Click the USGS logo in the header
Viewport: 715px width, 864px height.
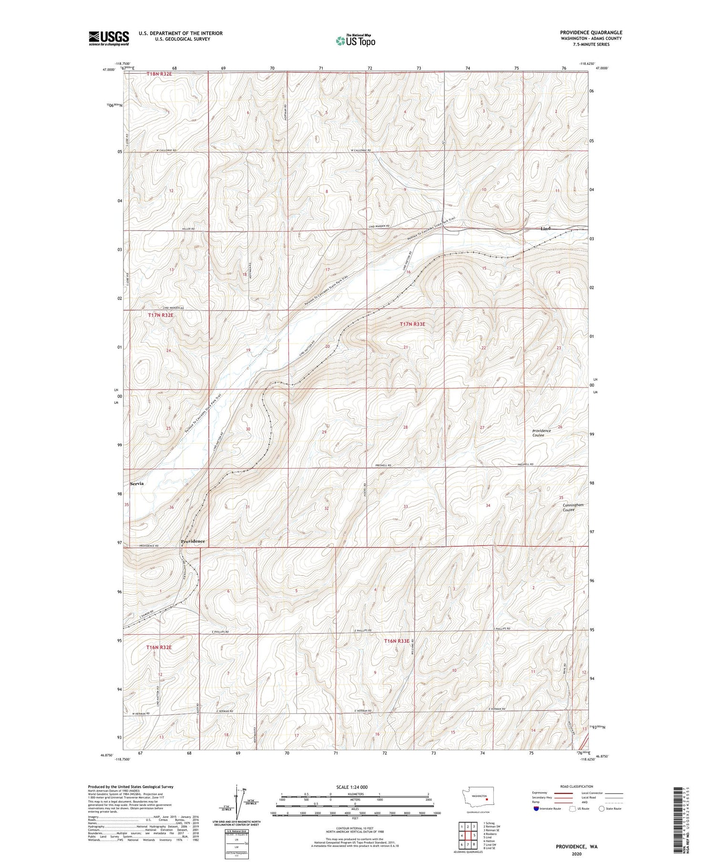coord(109,38)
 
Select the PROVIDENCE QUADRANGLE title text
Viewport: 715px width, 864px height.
coord(591,32)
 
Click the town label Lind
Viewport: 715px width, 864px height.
coord(545,229)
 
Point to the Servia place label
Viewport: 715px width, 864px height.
coord(135,484)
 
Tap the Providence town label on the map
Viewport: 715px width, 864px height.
coord(193,541)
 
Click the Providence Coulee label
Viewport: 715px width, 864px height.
coord(541,433)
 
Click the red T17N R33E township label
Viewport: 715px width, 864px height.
coord(412,324)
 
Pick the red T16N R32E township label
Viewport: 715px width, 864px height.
coord(159,648)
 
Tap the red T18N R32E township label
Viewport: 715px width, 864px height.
coord(159,74)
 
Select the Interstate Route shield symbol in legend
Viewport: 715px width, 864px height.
coord(536,809)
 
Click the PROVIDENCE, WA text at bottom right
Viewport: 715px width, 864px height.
coord(576,847)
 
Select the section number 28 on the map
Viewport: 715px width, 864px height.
coord(406,427)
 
